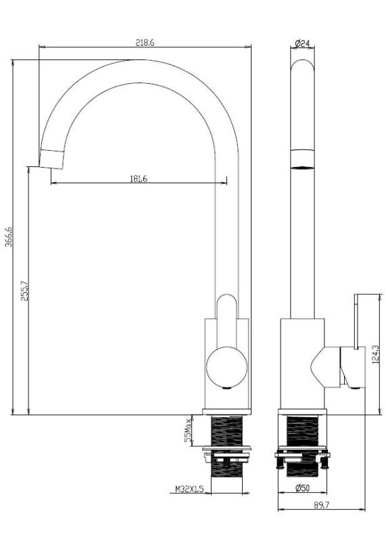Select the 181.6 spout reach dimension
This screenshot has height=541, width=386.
coord(138,179)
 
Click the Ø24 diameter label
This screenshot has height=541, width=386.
coord(302,43)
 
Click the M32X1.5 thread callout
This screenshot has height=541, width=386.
coord(189,488)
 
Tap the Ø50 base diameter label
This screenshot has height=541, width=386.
coord(302,488)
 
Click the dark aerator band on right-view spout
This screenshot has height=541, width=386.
coord(302,158)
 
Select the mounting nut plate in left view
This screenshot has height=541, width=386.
coord(227,448)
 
